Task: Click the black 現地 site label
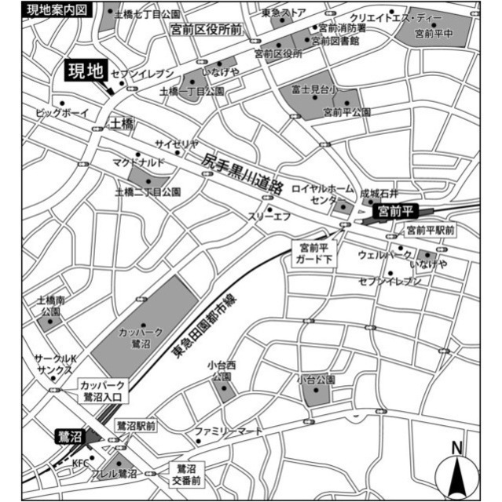coord(85,73)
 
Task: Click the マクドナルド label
coord(139,162)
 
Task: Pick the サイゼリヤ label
coord(176,144)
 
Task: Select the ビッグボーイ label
coord(63,114)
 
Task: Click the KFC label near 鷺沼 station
coord(81,464)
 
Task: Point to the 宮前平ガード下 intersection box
coord(314,253)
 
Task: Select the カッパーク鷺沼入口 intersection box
coord(104,390)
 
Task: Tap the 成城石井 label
coord(380,192)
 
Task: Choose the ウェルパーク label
coord(384,256)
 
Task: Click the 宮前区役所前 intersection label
coord(205,29)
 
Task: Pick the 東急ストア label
coord(284,13)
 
